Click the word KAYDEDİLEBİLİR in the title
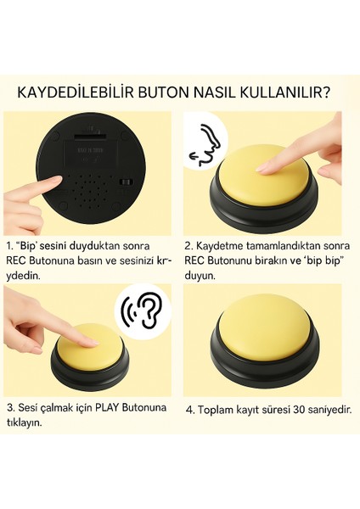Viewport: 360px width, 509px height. [76, 93]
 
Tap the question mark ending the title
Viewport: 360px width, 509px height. [326, 93]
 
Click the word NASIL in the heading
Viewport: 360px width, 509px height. [215, 93]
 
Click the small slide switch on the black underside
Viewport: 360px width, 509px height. [125, 182]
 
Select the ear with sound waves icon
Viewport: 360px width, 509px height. [143, 311]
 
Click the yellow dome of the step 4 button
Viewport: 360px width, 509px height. [264, 327]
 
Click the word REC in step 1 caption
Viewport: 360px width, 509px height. [16, 260]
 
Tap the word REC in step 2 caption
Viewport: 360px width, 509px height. [194, 260]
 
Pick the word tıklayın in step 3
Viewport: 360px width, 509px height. [25, 422]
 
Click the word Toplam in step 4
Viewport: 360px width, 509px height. [213, 411]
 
